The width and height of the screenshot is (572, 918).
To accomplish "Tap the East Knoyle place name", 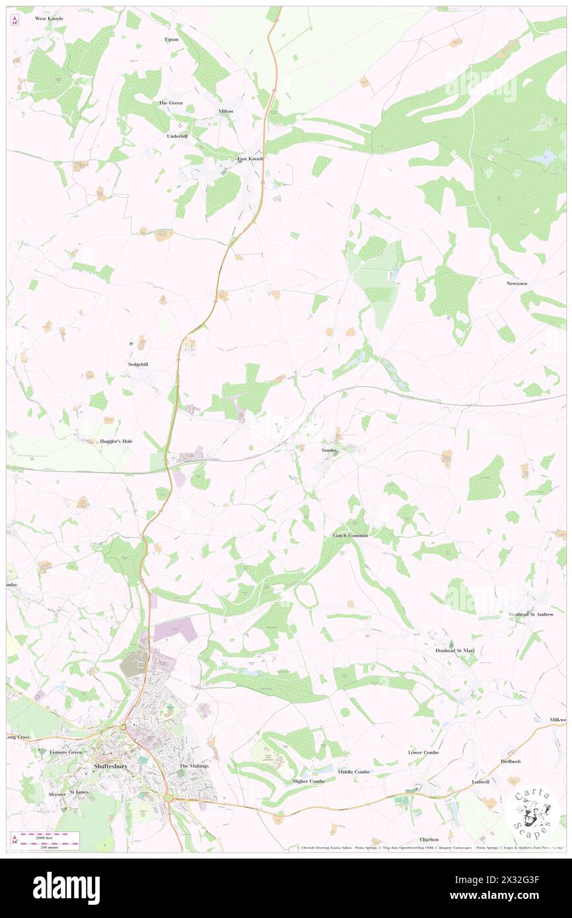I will [x=250, y=159].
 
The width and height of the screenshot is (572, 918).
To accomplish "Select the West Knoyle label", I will [x=50, y=18].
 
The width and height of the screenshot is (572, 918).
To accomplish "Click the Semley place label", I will [x=330, y=450].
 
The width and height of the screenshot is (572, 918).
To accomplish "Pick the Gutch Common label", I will [x=350, y=536].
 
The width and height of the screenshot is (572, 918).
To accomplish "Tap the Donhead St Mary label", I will [x=455, y=651].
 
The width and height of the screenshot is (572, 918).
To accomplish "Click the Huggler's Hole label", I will [x=116, y=441].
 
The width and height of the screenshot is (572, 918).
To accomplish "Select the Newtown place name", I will [x=517, y=283].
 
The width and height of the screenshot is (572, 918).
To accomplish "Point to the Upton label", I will [x=171, y=40].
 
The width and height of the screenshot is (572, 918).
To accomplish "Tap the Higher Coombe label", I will [x=309, y=781].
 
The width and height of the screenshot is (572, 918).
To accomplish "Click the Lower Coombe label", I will [x=423, y=752].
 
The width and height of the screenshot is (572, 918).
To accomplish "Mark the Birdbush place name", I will [x=511, y=761].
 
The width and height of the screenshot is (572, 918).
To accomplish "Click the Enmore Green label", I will [x=66, y=752].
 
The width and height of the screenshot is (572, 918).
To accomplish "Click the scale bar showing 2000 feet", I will [x=46, y=837].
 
